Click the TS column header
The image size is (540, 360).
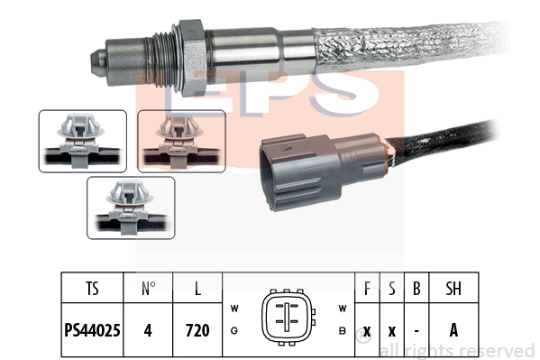[92, 289]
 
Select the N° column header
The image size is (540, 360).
[148, 289]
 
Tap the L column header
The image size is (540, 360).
[197, 289]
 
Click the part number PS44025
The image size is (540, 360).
[92, 330]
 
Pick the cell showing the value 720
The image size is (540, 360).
[197, 330]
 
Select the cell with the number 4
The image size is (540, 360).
[148, 330]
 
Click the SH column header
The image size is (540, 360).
[453, 289]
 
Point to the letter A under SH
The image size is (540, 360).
[453, 330]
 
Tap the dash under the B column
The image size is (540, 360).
[416, 331]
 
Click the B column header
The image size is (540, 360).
[416, 289]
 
